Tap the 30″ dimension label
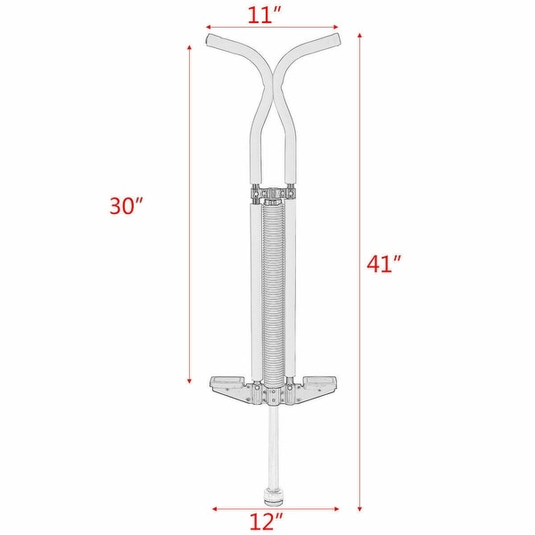tap(126, 206)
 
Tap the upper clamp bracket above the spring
tap(272, 190)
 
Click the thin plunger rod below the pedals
tap(272, 441)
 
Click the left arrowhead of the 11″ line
tap(209, 27)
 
